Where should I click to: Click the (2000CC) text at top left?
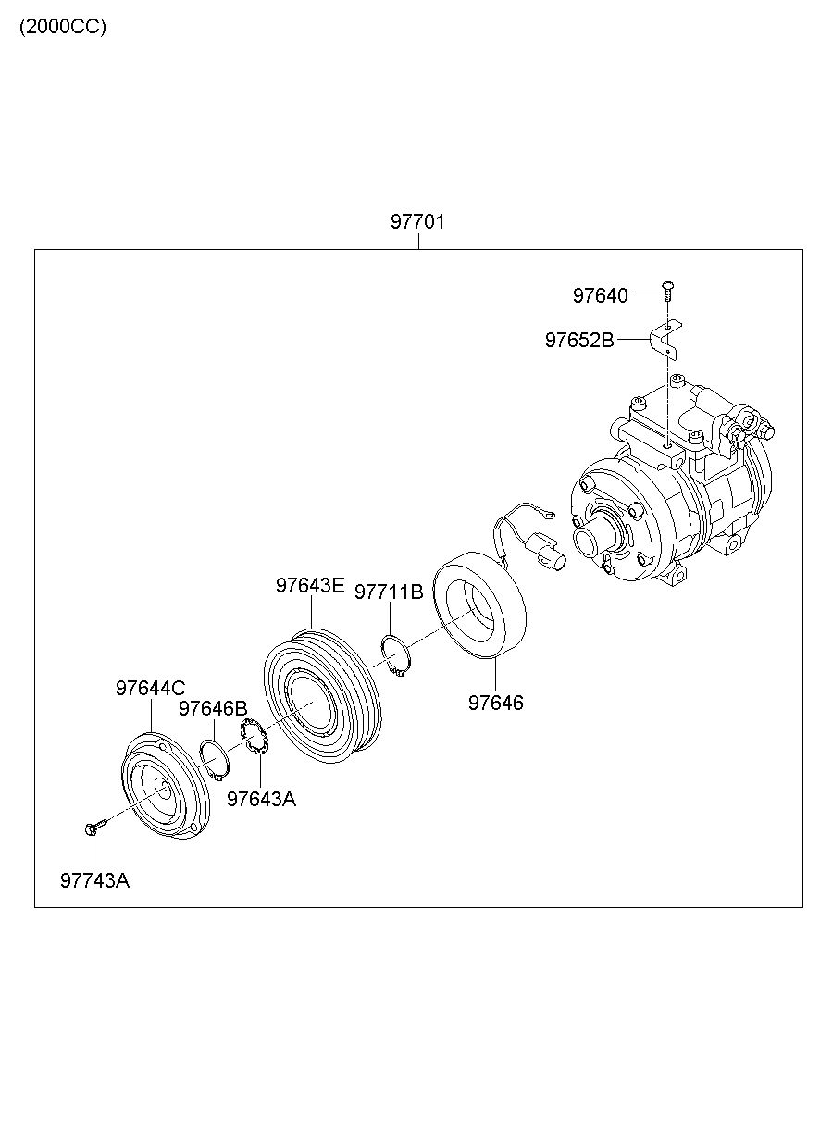[x=63, y=27]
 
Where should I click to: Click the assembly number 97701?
[x=417, y=222]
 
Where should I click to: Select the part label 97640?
[x=600, y=295]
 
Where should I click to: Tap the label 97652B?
[x=578, y=340]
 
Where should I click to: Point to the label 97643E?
[x=309, y=585]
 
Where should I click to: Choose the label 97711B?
[x=389, y=592]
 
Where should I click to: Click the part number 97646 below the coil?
[x=495, y=703]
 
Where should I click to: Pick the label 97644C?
[x=150, y=688]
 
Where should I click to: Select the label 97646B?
[x=213, y=708]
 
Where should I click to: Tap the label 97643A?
[x=261, y=799]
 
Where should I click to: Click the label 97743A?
[x=94, y=880]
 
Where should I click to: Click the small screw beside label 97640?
[x=667, y=290]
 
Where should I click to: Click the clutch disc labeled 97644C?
[x=167, y=787]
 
